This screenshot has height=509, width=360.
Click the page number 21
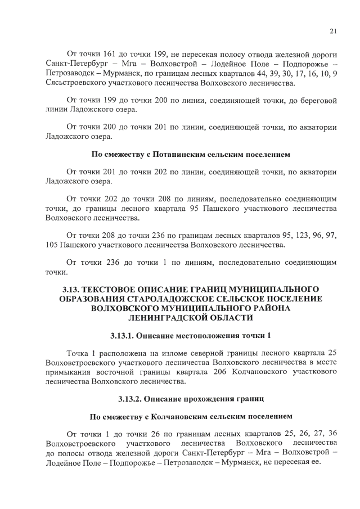[333, 32]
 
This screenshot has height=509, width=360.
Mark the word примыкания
[70, 372]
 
